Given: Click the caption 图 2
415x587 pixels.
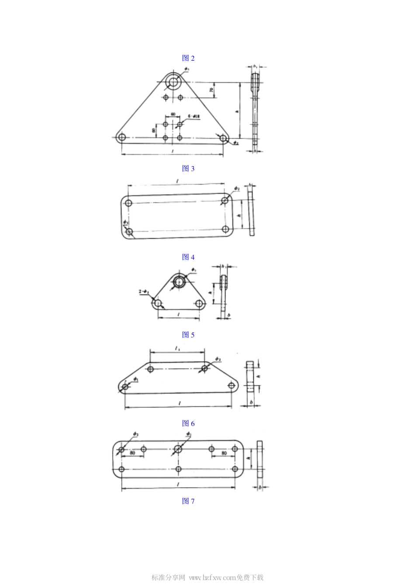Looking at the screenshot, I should (x=188, y=58).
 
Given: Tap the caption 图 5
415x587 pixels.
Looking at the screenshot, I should (x=188, y=335).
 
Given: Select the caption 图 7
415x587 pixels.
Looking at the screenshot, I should (x=188, y=501).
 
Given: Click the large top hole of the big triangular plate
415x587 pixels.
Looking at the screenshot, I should (x=174, y=82).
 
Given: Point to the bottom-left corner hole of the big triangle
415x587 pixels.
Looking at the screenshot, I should (x=122, y=138).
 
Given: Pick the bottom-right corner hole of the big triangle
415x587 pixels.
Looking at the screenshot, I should (x=223, y=138).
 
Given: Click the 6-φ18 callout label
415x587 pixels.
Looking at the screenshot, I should (x=194, y=117).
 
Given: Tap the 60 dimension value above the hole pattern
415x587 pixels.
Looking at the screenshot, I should (x=173, y=114).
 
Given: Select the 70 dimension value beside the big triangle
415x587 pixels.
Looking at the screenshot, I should (x=211, y=90).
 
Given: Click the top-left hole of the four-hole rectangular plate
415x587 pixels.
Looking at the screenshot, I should (x=128, y=203).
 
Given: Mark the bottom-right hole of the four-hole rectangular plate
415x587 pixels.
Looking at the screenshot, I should (x=225, y=229).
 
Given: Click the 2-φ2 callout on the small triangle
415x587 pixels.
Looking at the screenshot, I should (x=144, y=291).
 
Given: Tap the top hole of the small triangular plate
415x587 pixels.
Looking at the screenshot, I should (x=179, y=281).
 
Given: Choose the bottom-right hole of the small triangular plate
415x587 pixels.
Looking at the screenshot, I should (x=200, y=303).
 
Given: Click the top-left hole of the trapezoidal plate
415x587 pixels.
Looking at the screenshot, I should (x=151, y=369).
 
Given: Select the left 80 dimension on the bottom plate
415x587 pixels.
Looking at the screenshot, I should (x=132, y=453).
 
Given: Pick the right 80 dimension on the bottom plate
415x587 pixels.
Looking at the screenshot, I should (x=224, y=453).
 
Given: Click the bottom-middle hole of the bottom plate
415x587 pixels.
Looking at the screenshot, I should (x=178, y=469).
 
